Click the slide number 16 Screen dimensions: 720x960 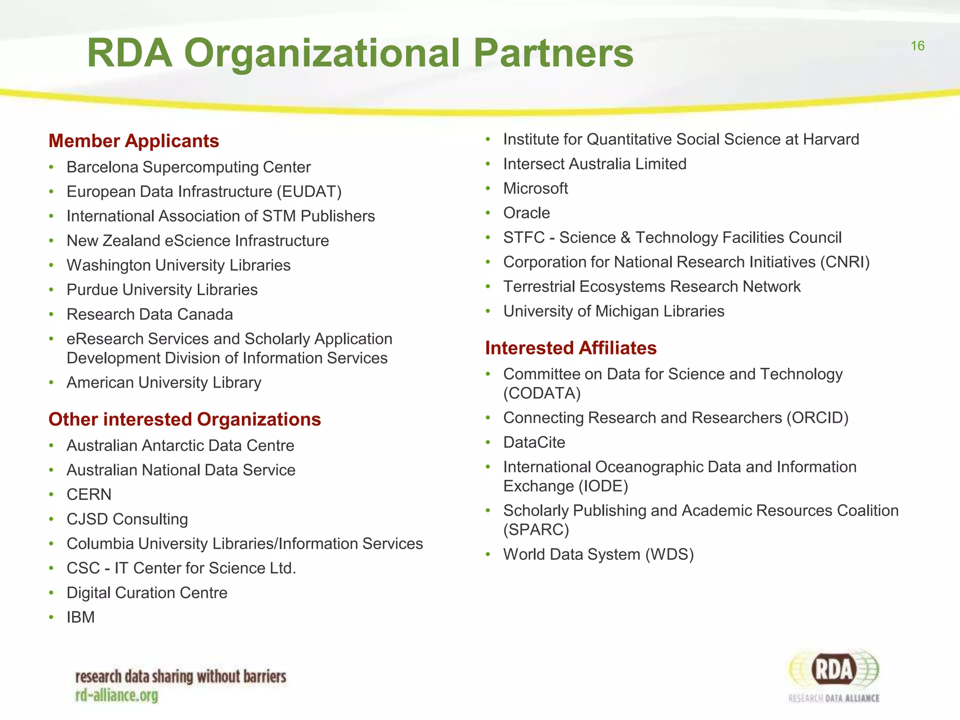pyautogui.click(x=917, y=46)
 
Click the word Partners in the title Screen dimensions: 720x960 pyautogui.click(x=553, y=53)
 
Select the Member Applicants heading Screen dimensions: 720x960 pyautogui.click(x=134, y=141)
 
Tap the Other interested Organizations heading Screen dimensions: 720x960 pyautogui.click(x=185, y=420)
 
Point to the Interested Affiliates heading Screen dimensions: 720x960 pyautogui.click(x=570, y=348)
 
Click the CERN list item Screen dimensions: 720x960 pyautogui.click(x=89, y=495)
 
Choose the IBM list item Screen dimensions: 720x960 pyautogui.click(x=81, y=617)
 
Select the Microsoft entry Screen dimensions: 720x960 pyautogui.click(x=535, y=188)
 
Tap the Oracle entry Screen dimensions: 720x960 pyautogui.click(x=526, y=213)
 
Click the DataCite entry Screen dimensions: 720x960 pyautogui.click(x=534, y=442)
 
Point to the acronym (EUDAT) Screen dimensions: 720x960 pyautogui.click(x=309, y=192)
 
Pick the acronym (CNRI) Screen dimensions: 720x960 pyautogui.click(x=845, y=262)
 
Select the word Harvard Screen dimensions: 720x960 pyautogui.click(x=831, y=140)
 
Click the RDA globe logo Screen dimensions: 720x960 pyautogui.click(x=834, y=671)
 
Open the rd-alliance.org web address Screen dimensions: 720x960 pyautogui.click(x=117, y=696)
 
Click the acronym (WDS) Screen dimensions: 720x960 pyautogui.click(x=669, y=555)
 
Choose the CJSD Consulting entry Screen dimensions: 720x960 pyautogui.click(x=127, y=519)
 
